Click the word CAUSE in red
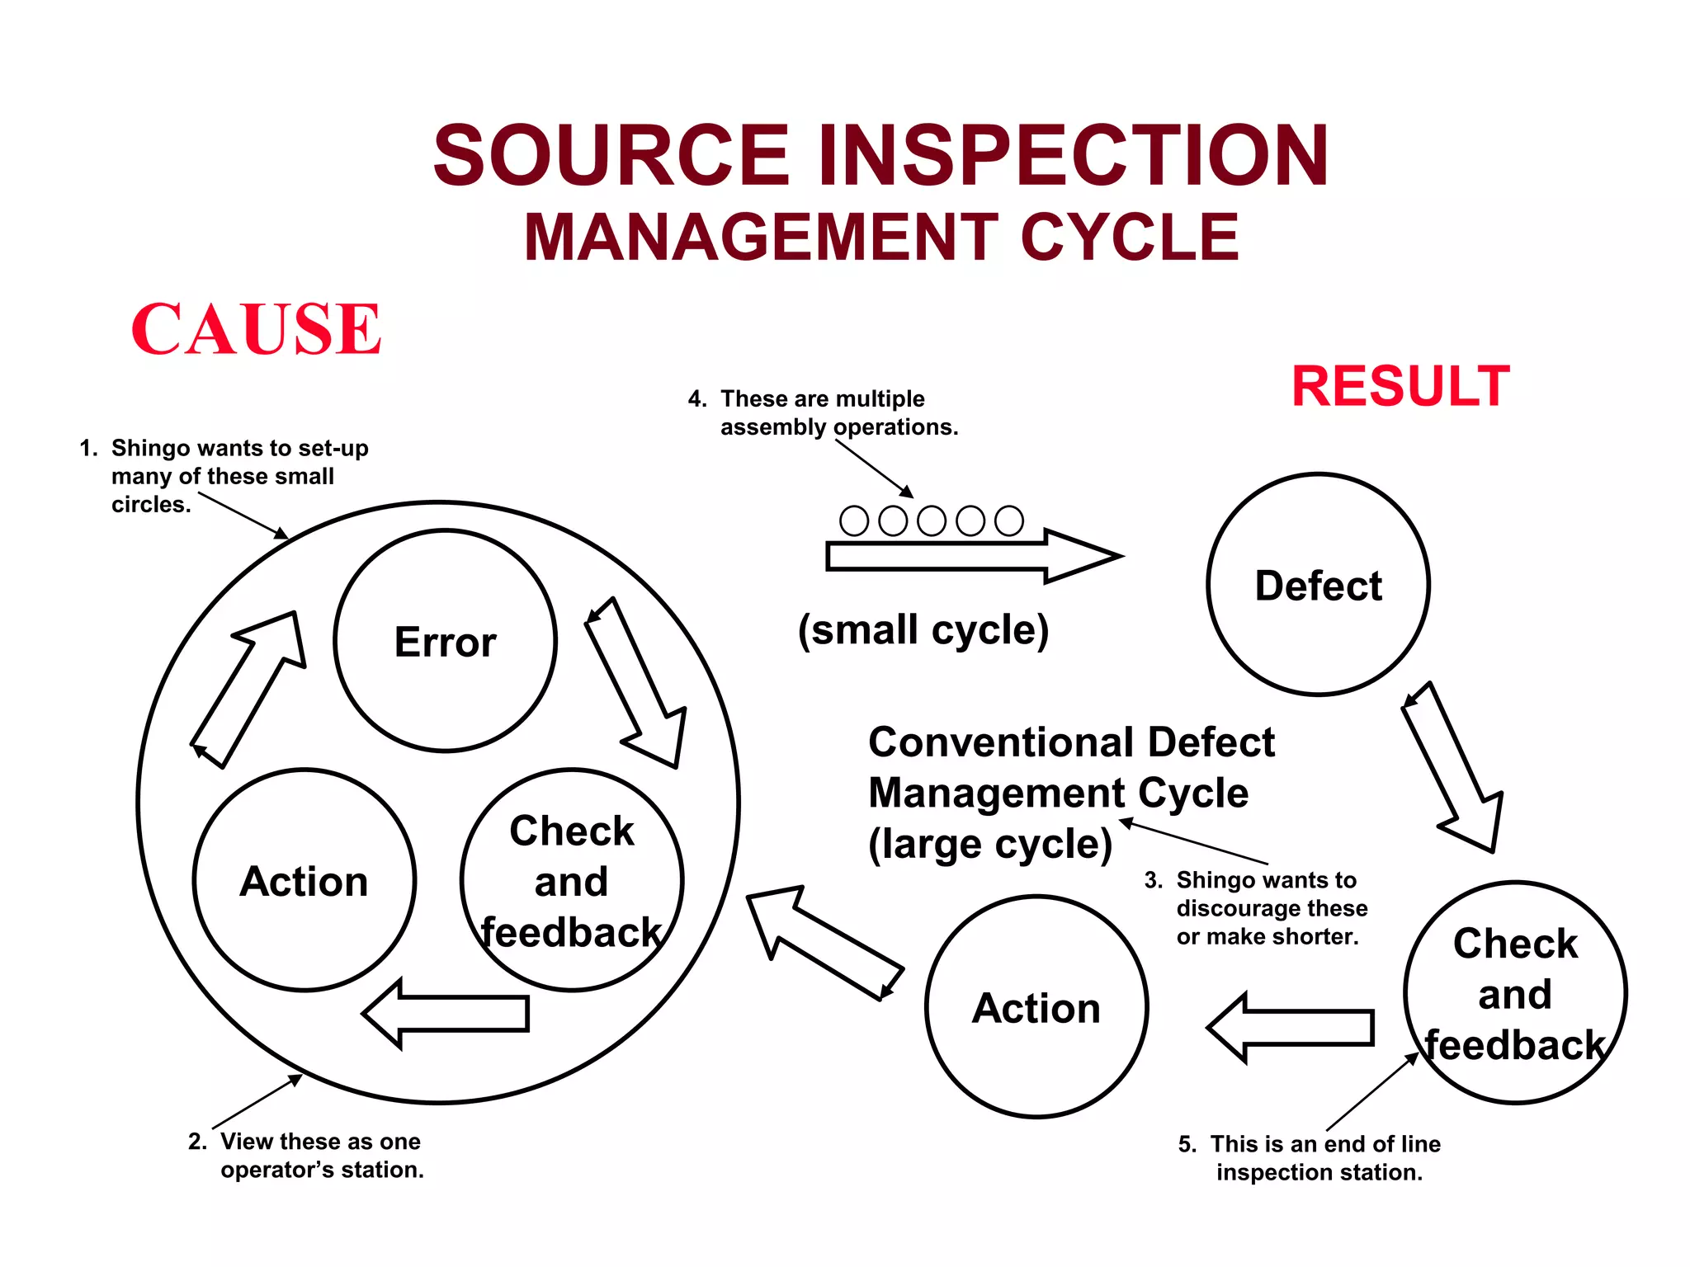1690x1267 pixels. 256,329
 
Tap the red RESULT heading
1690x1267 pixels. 1400,386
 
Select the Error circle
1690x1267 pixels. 445,641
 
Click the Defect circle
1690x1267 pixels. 1318,585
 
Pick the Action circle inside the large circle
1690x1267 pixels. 304,880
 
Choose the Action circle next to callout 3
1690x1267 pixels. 1036,1007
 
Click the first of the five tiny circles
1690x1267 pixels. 854,520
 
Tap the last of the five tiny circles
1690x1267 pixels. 1008,520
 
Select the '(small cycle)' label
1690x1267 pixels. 923,630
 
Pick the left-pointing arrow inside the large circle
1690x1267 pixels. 446,1014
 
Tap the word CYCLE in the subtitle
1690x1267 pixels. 1130,238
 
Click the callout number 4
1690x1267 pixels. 696,399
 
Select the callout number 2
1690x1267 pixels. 196,1142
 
